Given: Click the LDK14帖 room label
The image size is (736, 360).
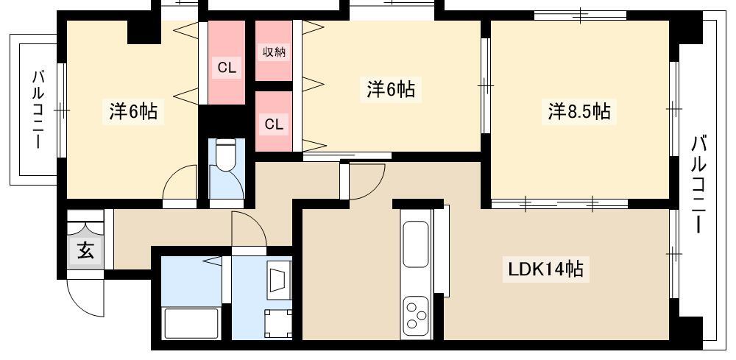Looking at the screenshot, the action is pos(546,269).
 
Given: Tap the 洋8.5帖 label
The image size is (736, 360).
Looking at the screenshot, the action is pos(580,112).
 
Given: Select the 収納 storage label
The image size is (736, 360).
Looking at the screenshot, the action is pos(274,52).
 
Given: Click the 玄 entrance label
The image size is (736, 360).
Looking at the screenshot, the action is pos(85,251).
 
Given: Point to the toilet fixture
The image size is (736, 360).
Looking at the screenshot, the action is pos(226,156).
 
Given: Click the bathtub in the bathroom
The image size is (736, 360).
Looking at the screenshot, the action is pos(191,322).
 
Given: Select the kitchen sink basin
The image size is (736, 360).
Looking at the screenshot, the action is pos(416,244).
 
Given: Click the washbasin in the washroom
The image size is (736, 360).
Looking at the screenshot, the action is pos(279,279).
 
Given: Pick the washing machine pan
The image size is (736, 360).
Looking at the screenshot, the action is pos(277,323).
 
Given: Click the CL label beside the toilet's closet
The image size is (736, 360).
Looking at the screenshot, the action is pos(227,68).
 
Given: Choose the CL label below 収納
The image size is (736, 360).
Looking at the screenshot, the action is pos(274,124).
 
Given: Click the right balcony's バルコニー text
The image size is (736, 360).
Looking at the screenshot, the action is pos(698,183).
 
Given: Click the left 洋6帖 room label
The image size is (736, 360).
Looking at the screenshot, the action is pos(133,113).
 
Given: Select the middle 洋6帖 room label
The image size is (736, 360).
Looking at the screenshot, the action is pos(391,89).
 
